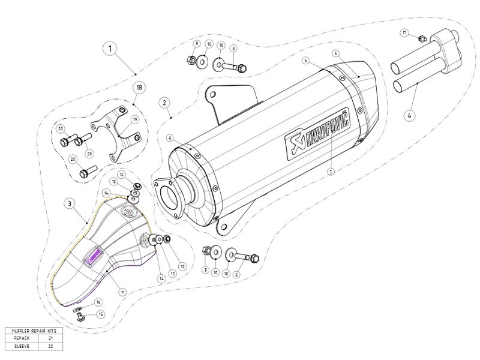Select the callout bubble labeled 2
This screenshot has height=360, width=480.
click(x=163, y=102)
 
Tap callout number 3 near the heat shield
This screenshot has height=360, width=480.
click(x=70, y=204)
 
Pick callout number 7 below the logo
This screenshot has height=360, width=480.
click(x=330, y=170)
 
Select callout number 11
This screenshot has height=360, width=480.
click(x=122, y=292)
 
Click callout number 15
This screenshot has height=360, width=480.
click(x=101, y=314)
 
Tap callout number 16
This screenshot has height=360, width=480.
click(x=99, y=302)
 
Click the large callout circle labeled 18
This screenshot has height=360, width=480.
click(x=139, y=88)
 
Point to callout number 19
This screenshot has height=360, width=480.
click(x=135, y=119)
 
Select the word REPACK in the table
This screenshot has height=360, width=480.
click(x=20, y=338)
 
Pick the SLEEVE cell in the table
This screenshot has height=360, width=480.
click(x=20, y=346)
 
